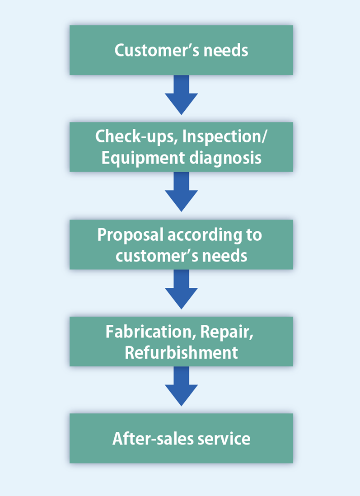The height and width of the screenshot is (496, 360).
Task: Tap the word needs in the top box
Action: (225, 50)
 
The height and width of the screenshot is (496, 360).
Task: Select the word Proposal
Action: (131, 235)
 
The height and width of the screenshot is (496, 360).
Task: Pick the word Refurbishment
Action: (181, 353)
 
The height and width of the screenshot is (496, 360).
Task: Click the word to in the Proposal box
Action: (254, 235)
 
